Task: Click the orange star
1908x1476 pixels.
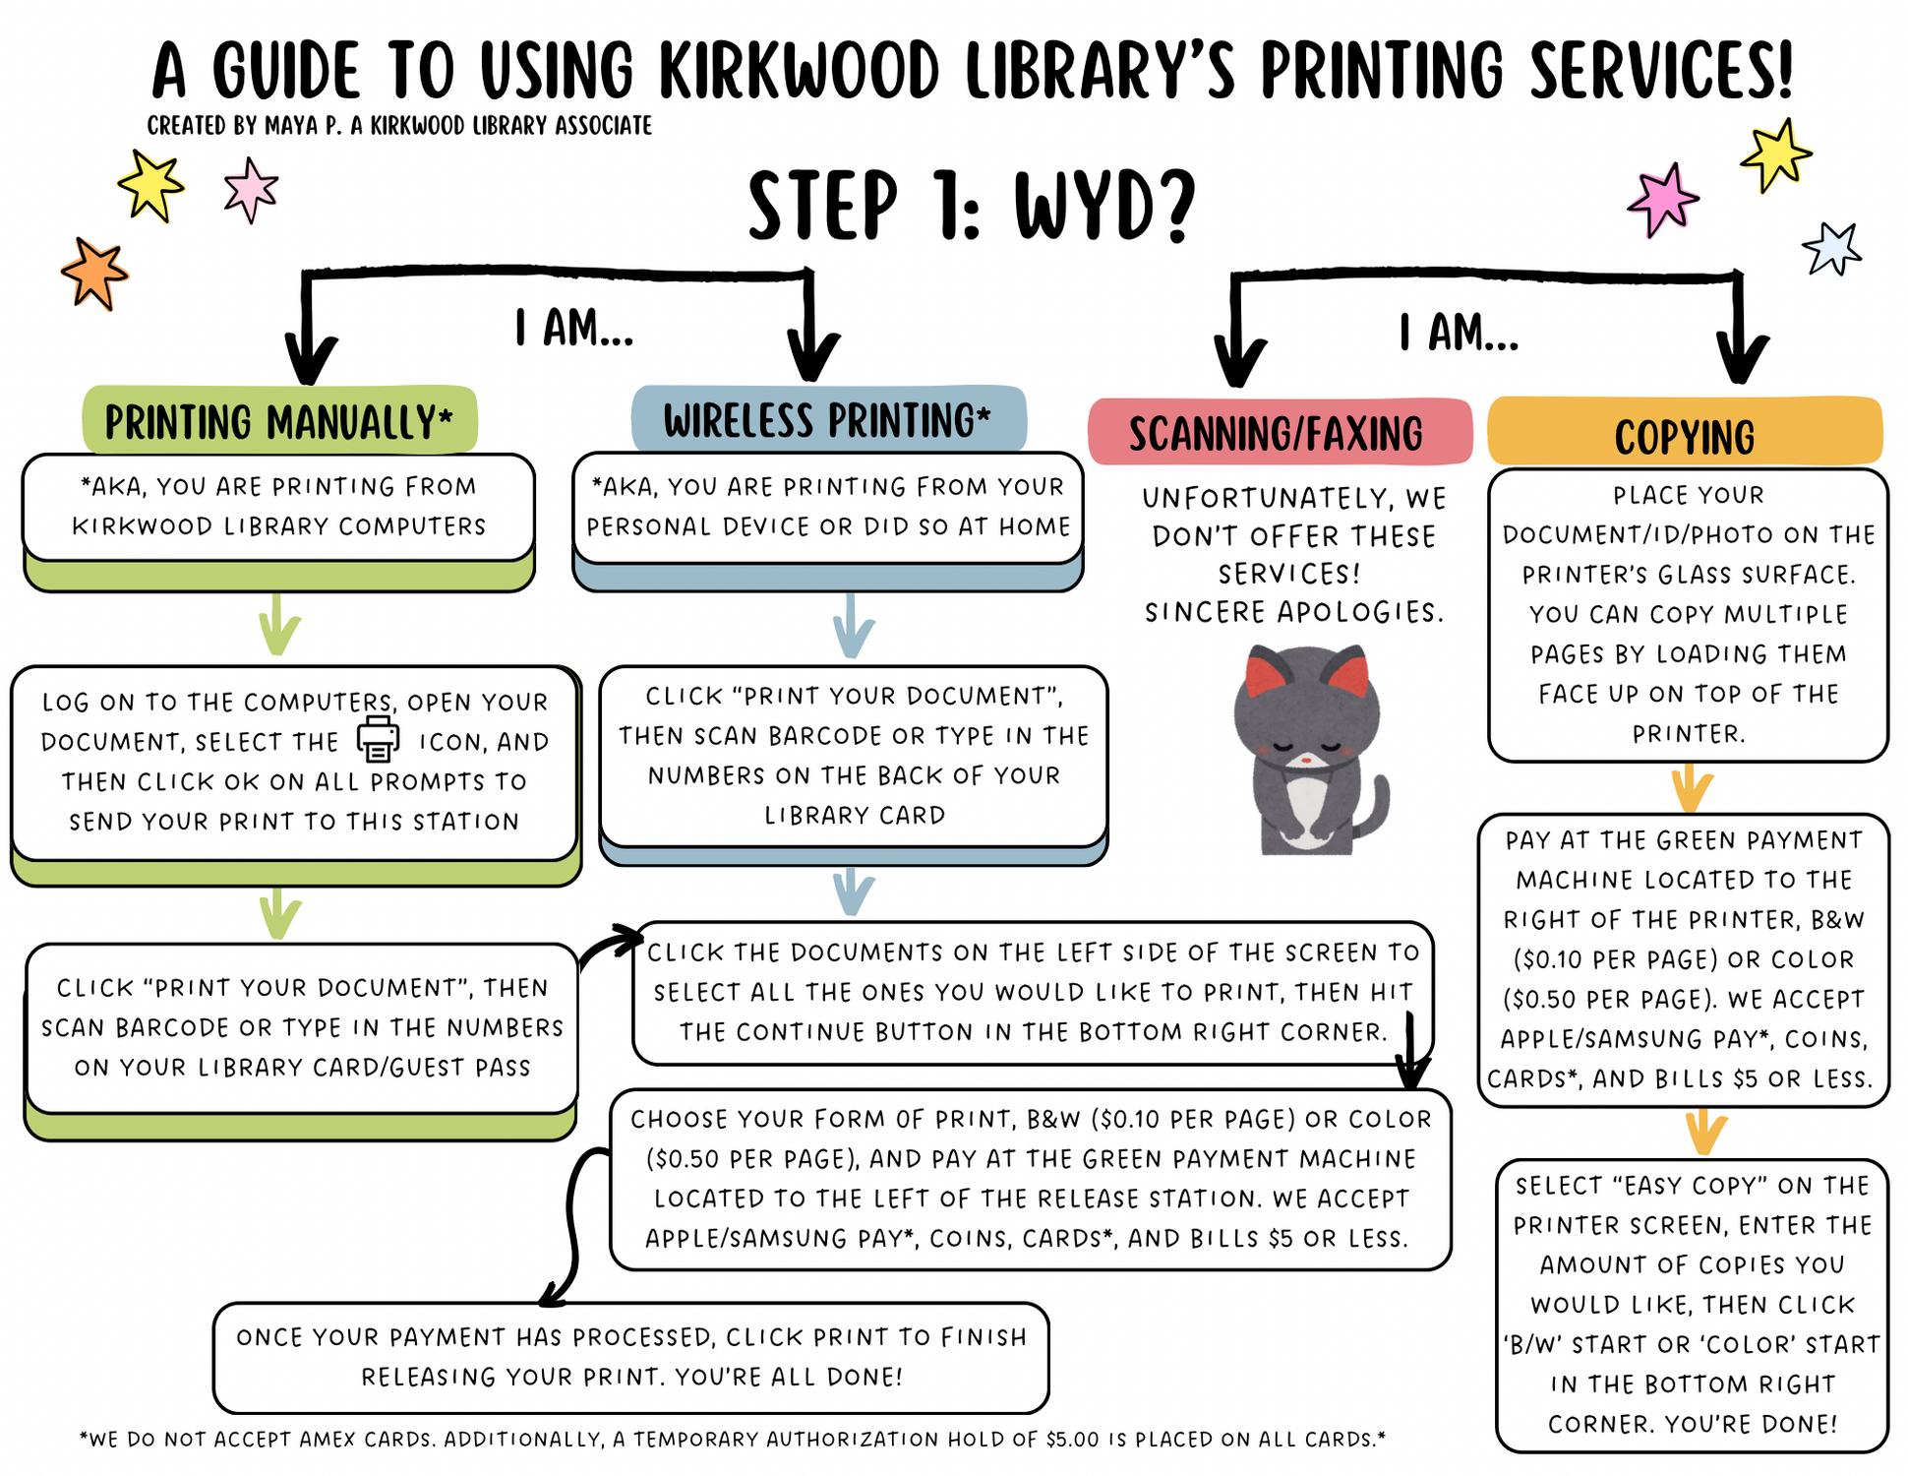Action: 94,274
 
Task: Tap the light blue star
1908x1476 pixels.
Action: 1831,249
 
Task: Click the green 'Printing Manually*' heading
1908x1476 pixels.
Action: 279,421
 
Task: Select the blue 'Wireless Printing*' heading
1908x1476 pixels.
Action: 827,420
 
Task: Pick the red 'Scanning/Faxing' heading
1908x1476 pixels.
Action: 1277,433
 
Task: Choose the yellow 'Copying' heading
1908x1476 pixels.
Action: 1684,436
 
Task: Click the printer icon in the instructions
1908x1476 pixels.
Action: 378,739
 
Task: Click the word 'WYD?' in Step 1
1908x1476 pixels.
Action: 1104,207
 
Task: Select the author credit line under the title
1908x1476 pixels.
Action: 399,126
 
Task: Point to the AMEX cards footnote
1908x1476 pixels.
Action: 732,1440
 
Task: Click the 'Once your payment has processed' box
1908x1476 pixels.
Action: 630,1357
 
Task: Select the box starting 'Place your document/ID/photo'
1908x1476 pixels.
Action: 1688,614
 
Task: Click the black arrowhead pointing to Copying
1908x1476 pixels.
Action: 1741,359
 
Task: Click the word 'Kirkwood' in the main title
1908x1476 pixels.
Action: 799,71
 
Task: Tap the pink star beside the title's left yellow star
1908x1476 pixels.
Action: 251,188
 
